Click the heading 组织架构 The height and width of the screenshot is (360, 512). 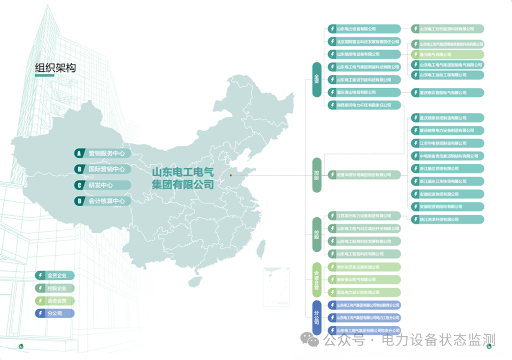pyautogui.click(x=55, y=68)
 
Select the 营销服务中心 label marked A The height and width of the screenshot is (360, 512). pyautogui.click(x=107, y=153)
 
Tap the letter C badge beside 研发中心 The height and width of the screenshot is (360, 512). pyautogui.click(x=79, y=185)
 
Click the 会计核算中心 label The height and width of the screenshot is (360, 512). pyautogui.click(x=107, y=201)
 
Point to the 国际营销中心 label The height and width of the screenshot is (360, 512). pyautogui.click(x=107, y=169)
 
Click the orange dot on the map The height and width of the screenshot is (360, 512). pyautogui.click(x=231, y=175)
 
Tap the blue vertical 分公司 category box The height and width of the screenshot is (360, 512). pyautogui.click(x=317, y=318)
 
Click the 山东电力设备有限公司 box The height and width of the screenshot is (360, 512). pyautogui.click(x=364, y=29)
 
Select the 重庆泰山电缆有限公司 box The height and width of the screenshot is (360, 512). pyautogui.click(x=364, y=92)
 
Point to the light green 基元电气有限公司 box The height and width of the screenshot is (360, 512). pyautogui.click(x=448, y=54)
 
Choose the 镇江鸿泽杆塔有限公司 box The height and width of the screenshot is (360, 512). pyautogui.click(x=448, y=219)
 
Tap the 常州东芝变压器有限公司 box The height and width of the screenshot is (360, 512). pyautogui.click(x=364, y=267)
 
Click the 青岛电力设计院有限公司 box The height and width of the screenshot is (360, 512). pyautogui.click(x=364, y=292)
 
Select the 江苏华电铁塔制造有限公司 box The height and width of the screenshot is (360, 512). pyautogui.click(x=448, y=143)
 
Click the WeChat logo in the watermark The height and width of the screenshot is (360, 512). pyautogui.click(x=311, y=339)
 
